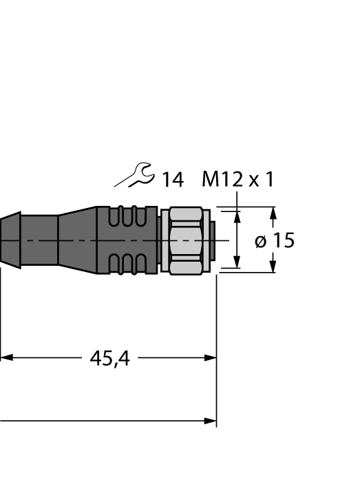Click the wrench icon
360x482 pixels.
134,176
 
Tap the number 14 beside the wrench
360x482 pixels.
172,180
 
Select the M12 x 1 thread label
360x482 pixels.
237,180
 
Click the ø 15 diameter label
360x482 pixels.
274,240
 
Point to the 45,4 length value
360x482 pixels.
109,358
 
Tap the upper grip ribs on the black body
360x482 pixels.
129,216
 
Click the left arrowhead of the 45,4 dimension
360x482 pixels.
6,358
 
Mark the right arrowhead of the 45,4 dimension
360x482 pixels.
210,358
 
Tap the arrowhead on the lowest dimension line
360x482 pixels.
210,420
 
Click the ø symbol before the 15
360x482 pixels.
261,241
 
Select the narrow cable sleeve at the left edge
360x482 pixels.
8,240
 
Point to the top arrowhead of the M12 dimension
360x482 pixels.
237,218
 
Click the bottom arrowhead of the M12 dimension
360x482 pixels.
237,262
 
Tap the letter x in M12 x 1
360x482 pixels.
254,180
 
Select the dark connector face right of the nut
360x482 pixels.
213,240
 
